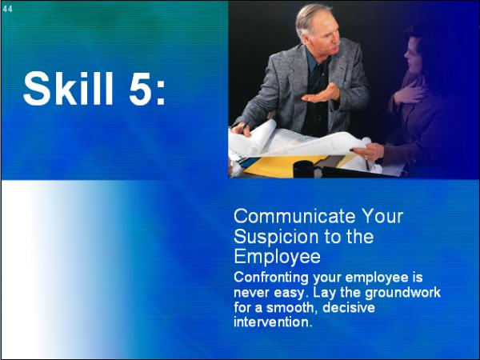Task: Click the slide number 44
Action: tap(8, 9)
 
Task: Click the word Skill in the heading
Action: tap(68, 89)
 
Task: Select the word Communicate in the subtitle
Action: tap(294, 216)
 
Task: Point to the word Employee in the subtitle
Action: tap(277, 257)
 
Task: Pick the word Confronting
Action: tap(271, 278)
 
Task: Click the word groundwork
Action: tap(402, 292)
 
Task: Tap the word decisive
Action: tap(349, 307)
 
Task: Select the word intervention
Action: tap(273, 322)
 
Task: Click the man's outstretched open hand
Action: tap(322, 94)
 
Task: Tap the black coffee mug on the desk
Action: tap(304, 169)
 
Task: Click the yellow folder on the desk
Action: tap(282, 166)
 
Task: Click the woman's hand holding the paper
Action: tap(367, 151)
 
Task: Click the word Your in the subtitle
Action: tap(382, 216)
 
